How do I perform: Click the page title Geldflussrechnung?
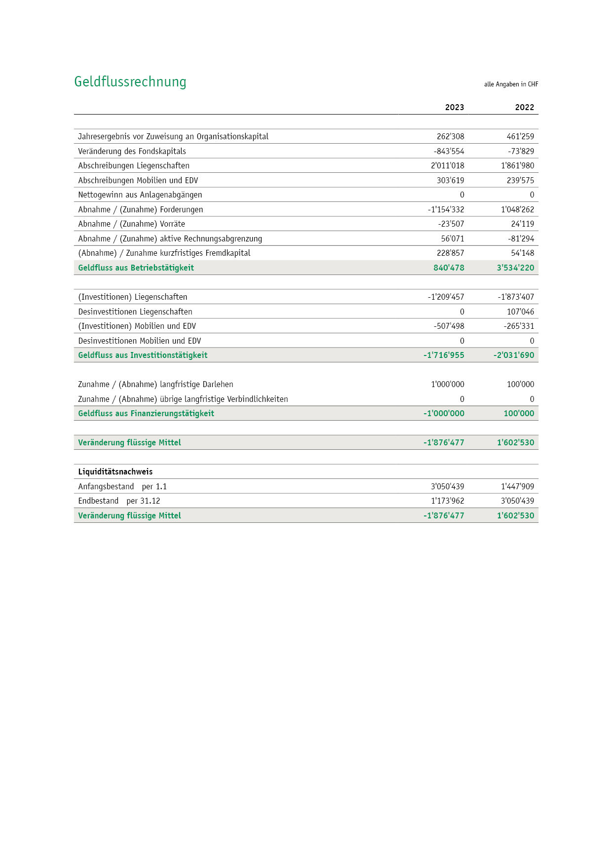130,82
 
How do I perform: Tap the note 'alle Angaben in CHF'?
511,84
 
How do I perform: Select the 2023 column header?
455,108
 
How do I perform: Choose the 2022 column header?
525,108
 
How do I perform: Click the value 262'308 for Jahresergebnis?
450,137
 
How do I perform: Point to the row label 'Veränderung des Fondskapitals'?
132,151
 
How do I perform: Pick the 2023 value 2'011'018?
447,166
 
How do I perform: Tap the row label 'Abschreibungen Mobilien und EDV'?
138,180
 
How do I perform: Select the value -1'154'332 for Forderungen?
446,209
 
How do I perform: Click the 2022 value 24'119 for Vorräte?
522,224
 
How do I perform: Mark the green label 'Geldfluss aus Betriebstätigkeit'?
136,268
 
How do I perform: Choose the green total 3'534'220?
515,268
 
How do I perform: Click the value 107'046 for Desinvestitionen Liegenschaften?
520,312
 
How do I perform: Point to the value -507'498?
449,326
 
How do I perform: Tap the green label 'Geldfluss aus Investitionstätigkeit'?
143,355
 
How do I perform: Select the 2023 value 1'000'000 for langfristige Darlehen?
447,385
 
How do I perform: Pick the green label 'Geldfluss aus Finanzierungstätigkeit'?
146,413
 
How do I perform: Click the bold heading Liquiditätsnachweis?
115,472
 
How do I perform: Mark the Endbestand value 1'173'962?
447,501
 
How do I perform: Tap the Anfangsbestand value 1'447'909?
517,486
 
